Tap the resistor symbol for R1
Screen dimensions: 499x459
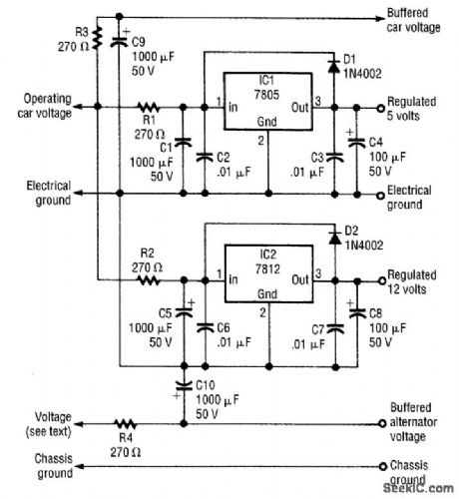point(149,106)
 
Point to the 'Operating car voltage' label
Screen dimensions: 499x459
point(47,105)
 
